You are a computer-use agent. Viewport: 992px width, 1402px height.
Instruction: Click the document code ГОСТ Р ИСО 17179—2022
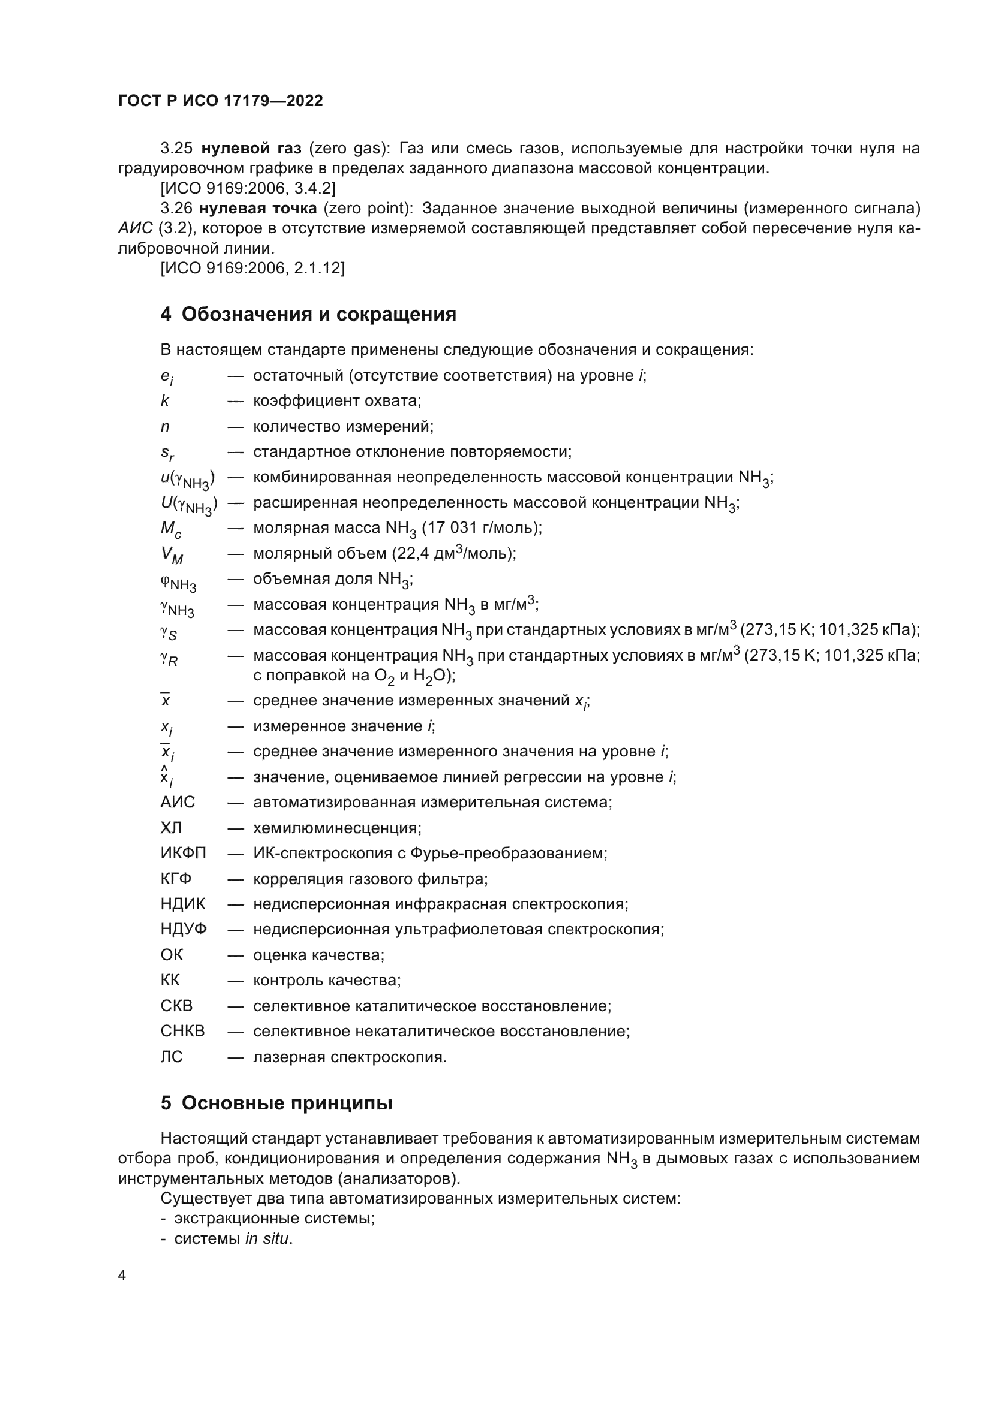(x=220, y=101)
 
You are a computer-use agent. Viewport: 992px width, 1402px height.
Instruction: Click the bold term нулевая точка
(x=258, y=208)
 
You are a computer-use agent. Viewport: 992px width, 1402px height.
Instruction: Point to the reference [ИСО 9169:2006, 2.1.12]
(x=252, y=268)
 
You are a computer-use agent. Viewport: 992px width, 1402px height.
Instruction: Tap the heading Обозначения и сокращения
(x=319, y=315)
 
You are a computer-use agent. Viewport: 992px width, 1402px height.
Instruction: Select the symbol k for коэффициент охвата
(x=165, y=401)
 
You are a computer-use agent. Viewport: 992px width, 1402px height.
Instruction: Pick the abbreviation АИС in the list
(x=178, y=803)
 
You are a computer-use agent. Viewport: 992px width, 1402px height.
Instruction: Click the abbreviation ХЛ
(x=171, y=828)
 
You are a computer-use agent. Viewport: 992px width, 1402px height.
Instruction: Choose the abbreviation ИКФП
(x=184, y=853)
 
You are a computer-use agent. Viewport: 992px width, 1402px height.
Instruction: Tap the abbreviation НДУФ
(x=184, y=930)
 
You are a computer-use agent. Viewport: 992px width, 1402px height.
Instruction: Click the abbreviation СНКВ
(x=183, y=1032)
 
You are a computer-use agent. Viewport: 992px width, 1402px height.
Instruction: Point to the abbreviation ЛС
(x=172, y=1057)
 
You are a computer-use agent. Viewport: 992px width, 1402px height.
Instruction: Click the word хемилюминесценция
(x=335, y=828)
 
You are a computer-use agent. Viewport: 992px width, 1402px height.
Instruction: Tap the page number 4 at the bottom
(x=122, y=1276)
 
